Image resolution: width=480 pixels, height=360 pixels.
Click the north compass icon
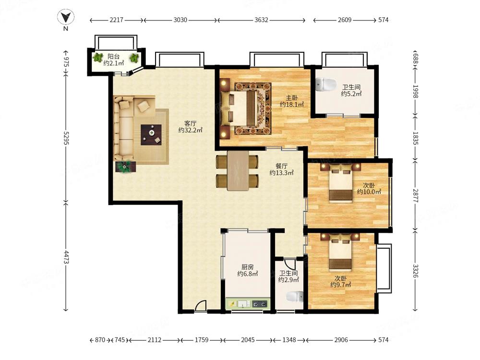(x=65, y=17)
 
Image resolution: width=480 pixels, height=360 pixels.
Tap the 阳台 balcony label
(x=113, y=57)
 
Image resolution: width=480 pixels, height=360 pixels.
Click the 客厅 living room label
(x=190, y=123)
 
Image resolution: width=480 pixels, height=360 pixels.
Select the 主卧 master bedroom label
(x=292, y=97)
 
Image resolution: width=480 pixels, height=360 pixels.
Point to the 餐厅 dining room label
(x=281, y=166)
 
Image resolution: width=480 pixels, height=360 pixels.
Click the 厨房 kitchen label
(x=247, y=267)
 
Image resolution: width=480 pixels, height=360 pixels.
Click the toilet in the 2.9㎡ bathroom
(x=295, y=297)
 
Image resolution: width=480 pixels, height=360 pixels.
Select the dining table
(x=238, y=170)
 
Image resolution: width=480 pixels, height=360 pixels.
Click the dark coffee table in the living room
(x=151, y=135)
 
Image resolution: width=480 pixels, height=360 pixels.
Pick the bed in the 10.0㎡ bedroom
(x=340, y=183)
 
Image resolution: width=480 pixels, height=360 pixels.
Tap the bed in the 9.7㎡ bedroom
(x=340, y=253)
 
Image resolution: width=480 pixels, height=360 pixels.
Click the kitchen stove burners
(x=260, y=304)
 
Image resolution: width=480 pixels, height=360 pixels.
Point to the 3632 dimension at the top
(x=261, y=20)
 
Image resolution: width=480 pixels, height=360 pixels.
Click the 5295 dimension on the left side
(x=66, y=138)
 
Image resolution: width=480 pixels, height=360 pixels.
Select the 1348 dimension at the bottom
(x=289, y=340)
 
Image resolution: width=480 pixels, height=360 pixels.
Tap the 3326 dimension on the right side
(x=415, y=271)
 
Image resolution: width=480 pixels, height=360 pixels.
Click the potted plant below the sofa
(x=125, y=167)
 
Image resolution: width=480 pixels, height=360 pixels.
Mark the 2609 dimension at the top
(x=344, y=20)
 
